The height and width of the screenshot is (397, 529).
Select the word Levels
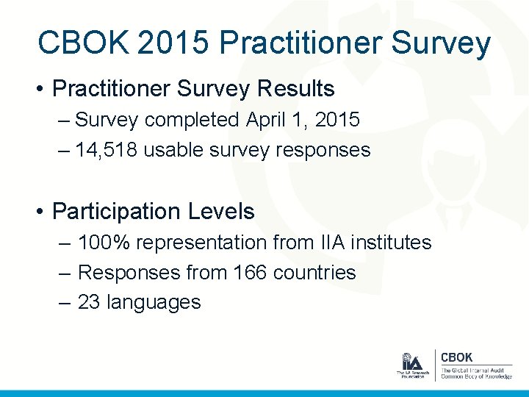(x=220, y=212)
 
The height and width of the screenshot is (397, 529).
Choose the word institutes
(x=387, y=242)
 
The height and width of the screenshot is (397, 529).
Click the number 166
(x=250, y=272)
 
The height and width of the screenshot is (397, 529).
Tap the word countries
(x=314, y=272)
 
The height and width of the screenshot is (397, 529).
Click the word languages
(x=154, y=302)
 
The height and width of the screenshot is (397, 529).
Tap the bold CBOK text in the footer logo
(x=456, y=357)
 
